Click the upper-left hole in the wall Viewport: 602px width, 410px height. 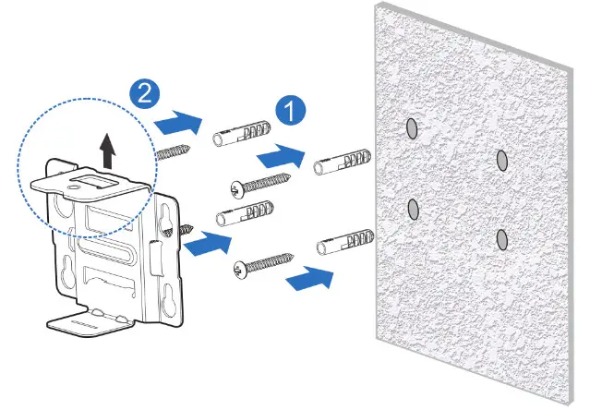click(412, 129)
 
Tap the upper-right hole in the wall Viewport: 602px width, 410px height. click(502, 161)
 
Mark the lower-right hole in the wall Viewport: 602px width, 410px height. click(501, 239)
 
